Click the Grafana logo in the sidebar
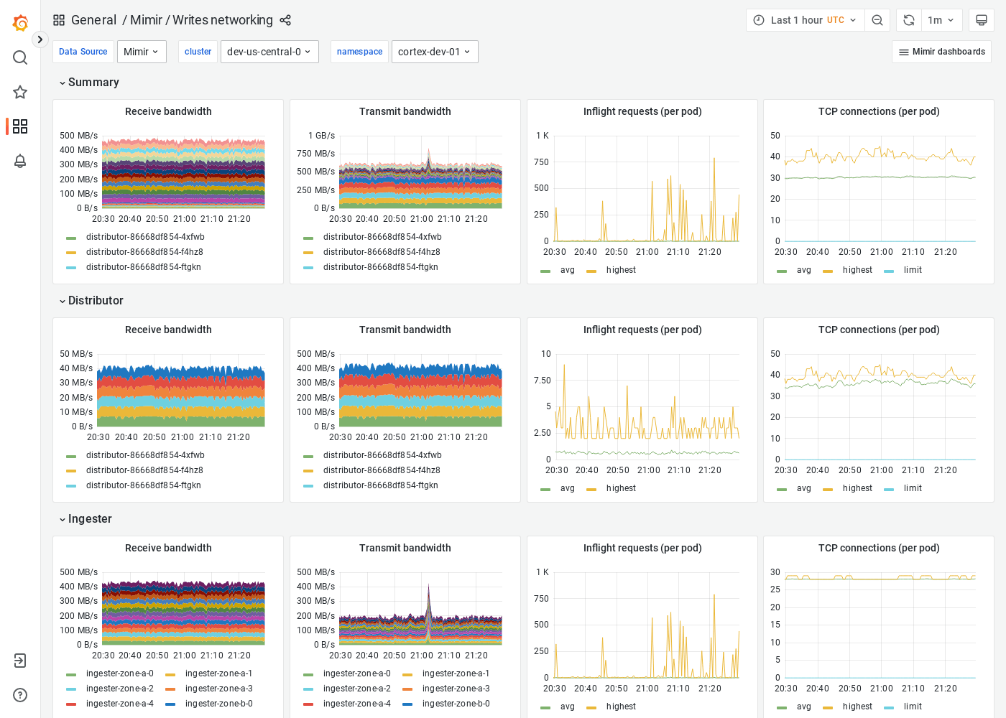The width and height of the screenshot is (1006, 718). coord(20,23)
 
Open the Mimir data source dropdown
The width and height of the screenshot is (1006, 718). coord(142,52)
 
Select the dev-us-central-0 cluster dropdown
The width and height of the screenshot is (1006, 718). coord(269,52)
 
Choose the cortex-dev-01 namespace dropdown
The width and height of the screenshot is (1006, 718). coord(434,52)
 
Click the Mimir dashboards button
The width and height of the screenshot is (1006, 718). coord(941,52)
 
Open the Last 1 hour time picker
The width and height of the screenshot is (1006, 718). coord(805,20)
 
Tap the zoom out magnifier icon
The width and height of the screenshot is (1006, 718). coord(877,20)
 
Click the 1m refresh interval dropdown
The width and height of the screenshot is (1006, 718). coord(941,20)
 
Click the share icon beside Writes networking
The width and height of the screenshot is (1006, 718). coord(285,20)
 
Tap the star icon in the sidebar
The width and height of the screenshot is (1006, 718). coord(20,92)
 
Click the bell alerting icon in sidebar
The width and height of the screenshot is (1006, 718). coord(20,161)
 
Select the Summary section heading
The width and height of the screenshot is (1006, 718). coord(93,83)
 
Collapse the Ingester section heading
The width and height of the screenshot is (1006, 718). coord(90,519)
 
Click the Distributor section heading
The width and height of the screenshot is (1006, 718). coord(96,301)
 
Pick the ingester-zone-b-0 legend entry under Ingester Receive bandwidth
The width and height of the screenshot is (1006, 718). coord(218,704)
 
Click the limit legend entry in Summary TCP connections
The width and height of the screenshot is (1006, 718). coord(912,270)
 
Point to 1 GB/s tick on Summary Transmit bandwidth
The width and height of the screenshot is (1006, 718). coord(321,136)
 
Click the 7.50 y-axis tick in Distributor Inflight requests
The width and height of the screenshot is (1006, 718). coord(543,381)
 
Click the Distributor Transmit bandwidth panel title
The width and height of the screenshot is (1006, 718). coord(405,330)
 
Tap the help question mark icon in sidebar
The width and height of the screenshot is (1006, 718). coord(20,695)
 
